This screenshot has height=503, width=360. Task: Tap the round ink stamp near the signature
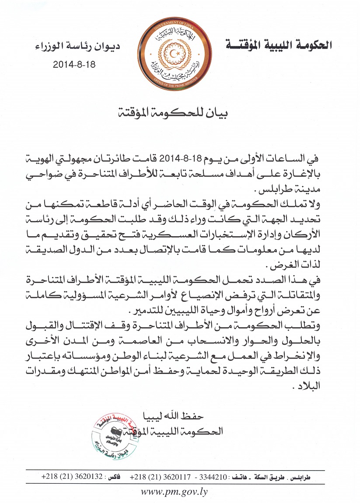tap(115, 434)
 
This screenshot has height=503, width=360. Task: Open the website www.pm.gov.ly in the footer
tap(174, 491)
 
